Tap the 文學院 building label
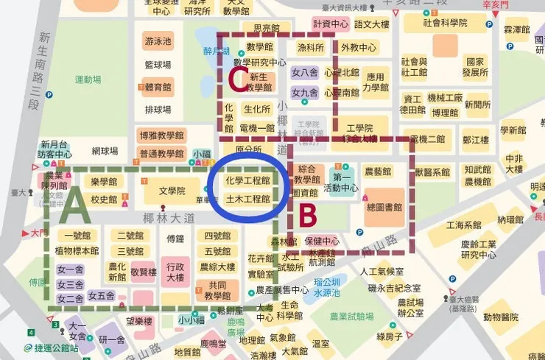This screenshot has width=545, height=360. point(172,191)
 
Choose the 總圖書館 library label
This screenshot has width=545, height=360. point(383,208)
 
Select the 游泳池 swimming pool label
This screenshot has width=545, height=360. point(158,41)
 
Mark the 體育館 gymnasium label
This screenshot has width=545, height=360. point(158,87)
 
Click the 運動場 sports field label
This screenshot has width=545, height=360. point(88,80)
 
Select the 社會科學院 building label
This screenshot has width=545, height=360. point(445,23)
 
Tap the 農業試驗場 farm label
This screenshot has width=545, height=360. point(354,316)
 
